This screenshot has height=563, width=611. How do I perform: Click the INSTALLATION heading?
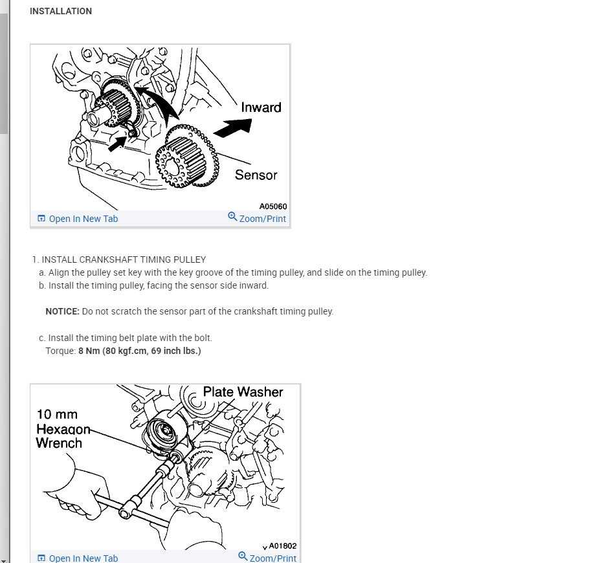(x=61, y=11)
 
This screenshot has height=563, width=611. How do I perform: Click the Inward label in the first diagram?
(x=261, y=107)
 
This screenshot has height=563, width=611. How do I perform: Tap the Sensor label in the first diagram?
(x=256, y=175)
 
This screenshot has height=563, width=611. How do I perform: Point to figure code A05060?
(x=272, y=206)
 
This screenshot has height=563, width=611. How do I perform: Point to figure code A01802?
(x=282, y=546)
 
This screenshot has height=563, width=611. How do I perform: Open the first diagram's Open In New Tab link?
(x=83, y=219)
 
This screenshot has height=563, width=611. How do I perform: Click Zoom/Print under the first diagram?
(x=262, y=219)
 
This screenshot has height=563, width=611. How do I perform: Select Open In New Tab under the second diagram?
(x=83, y=558)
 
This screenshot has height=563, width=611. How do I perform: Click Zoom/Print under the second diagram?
(x=272, y=558)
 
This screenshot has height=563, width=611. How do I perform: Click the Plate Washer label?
(x=243, y=392)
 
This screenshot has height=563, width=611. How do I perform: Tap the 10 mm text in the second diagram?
(x=57, y=414)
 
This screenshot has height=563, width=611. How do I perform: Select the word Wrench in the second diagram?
(x=59, y=443)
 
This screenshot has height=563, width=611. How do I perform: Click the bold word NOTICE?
(x=62, y=311)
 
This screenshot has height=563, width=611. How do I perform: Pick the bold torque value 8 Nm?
(x=89, y=351)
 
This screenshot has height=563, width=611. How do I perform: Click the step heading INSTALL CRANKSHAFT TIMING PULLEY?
(x=124, y=259)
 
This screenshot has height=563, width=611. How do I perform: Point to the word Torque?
(x=60, y=351)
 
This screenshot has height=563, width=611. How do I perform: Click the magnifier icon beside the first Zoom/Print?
(x=232, y=216)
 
